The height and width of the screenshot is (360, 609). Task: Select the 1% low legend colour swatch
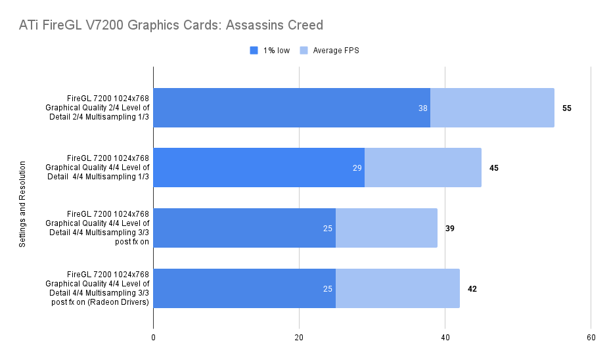click(x=254, y=51)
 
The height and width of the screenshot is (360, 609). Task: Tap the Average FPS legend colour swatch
click(x=304, y=51)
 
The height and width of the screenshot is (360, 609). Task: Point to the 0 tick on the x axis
click(x=153, y=338)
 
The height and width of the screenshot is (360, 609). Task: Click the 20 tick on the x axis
click(x=299, y=338)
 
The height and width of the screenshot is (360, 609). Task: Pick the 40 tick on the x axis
click(x=445, y=338)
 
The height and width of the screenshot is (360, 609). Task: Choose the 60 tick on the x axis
click(x=591, y=338)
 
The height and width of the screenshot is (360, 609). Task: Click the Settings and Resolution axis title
click(x=22, y=204)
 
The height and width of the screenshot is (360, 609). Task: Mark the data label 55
click(x=567, y=108)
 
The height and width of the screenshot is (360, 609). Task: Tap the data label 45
click(x=494, y=168)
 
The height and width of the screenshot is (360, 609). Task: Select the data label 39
click(x=450, y=229)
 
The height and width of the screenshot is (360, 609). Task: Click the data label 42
click(x=472, y=288)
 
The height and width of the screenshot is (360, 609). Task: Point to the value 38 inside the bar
click(x=423, y=108)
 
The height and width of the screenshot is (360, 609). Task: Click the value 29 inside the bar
click(x=357, y=168)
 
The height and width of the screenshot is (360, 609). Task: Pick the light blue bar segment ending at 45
click(x=423, y=168)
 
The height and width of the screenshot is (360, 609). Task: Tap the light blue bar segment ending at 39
click(x=386, y=228)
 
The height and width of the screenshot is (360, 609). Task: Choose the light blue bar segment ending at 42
click(x=397, y=288)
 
